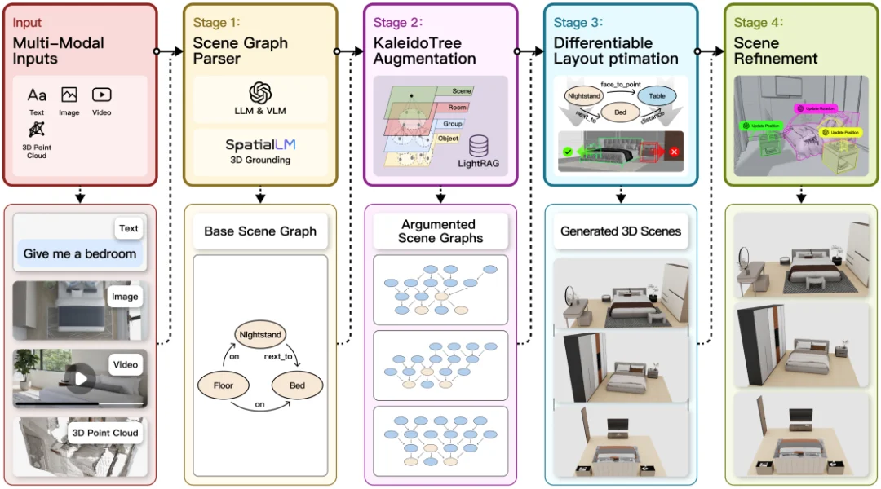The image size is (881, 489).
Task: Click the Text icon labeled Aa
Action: click(37, 95)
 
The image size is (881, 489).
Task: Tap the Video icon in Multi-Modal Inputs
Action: click(101, 95)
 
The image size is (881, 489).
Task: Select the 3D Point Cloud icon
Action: click(37, 129)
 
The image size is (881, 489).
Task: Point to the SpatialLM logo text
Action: click(260, 145)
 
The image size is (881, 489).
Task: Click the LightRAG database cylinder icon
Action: click(479, 146)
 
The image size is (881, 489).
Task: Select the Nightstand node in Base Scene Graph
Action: click(260, 334)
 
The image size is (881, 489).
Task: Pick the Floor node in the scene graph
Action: click(223, 385)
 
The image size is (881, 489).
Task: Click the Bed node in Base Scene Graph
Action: click(297, 385)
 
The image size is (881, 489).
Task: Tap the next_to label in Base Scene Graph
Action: click(277, 357)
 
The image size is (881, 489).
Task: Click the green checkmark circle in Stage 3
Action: click(567, 152)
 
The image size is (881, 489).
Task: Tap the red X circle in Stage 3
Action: click(675, 152)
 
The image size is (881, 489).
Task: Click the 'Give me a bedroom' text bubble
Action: click(79, 253)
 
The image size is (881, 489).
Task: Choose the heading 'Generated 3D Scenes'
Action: click(620, 231)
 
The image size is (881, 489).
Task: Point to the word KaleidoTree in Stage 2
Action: click(415, 42)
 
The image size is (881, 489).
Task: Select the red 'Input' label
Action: click(28, 22)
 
